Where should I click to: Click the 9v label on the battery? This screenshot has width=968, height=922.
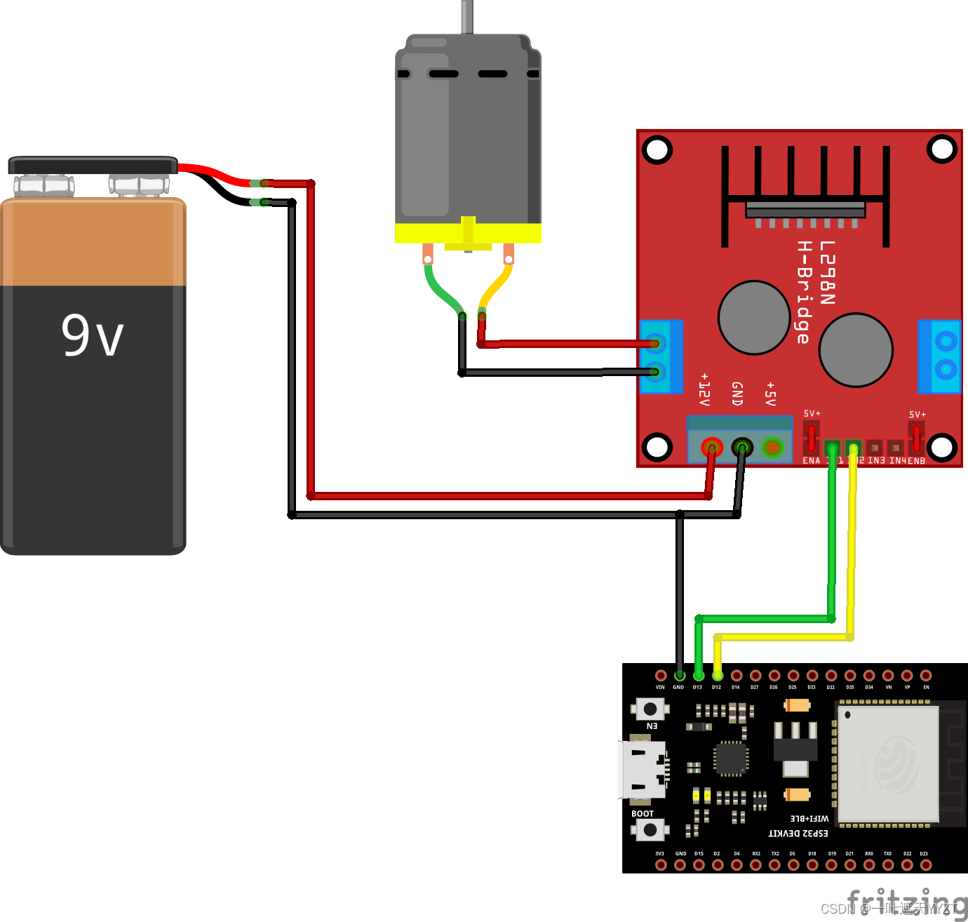pos(92,335)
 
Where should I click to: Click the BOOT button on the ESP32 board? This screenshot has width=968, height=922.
pos(650,830)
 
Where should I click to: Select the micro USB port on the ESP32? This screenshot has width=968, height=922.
pos(641,770)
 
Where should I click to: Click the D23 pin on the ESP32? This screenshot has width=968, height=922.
pos(925,865)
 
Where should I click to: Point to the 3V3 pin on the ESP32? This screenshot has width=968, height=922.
pos(660,865)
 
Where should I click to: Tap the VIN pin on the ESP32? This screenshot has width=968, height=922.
pos(660,676)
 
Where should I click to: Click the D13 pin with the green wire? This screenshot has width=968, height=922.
pos(698,676)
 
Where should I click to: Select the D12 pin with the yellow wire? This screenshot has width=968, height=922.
pos(717,676)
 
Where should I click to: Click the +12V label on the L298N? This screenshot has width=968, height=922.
pos(704,390)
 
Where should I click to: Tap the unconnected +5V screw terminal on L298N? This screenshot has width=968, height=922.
pos(772,447)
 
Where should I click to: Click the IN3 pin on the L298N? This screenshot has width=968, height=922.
pos(874,447)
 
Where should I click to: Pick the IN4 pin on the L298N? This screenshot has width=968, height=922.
pos(895,447)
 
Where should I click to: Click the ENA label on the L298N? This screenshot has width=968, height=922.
pos(811,461)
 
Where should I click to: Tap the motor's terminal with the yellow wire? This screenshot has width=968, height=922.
pos(509,254)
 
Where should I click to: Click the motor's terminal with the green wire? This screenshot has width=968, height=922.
pos(428,254)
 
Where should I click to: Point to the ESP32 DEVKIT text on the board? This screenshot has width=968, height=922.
pos(798,834)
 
